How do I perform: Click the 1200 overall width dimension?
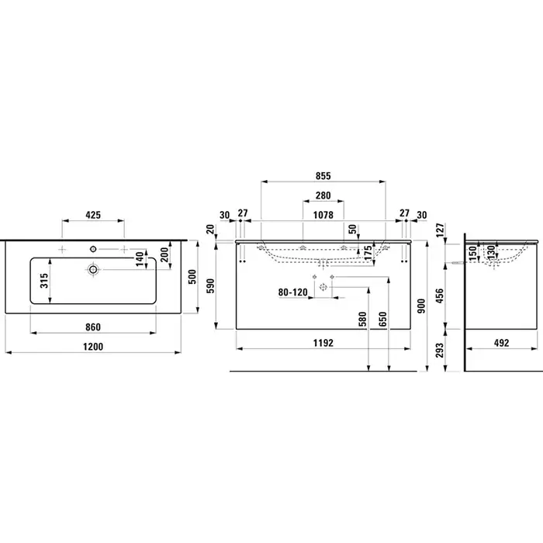pos(93,347)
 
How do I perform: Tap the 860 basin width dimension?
pos(93,327)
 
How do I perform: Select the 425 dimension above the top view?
pos(93,215)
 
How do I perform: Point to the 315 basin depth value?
pos(44,281)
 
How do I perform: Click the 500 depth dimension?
pos(192,277)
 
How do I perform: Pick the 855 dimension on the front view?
pos(323,176)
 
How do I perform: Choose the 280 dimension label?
pos(323,195)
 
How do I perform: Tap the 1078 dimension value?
pos(323,215)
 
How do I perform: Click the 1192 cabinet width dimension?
pos(323,343)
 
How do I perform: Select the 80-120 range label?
pos(293,292)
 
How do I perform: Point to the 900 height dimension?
pos(421,306)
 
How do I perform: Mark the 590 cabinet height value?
pos(210,285)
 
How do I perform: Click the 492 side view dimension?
pos(501,343)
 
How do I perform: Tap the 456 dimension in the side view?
pos(439,296)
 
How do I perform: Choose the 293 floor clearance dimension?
pos(439,351)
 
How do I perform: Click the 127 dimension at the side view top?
pos(439,230)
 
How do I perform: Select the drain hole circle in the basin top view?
pos(93,269)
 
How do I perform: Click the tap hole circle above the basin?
pos(93,249)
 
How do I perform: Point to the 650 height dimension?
pos(382,319)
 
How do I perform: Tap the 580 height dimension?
pos(362,319)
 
